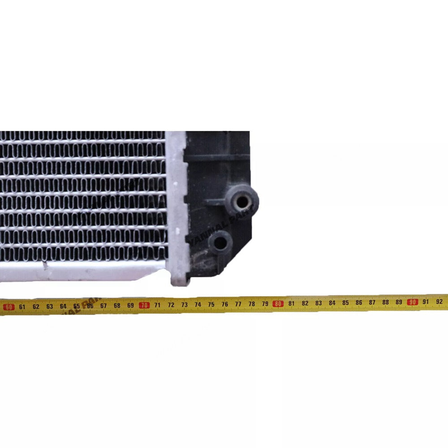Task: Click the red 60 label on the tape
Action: pyautogui.click(x=9, y=307)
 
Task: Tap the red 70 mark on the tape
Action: pyautogui.click(x=144, y=305)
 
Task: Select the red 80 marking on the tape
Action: pyautogui.click(x=278, y=303)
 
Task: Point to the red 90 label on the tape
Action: pyautogui.click(x=413, y=302)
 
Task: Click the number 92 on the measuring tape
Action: pyautogui.click(x=439, y=302)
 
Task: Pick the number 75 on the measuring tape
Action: pyautogui.click(x=211, y=304)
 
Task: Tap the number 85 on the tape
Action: pyautogui.click(x=345, y=302)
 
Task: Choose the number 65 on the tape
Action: pyautogui.click(x=77, y=306)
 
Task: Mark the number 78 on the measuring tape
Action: pyautogui.click(x=251, y=304)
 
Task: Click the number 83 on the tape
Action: pyautogui.click(x=319, y=303)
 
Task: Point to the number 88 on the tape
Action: pyautogui.click(x=386, y=302)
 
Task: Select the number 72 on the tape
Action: pyautogui.click(x=171, y=305)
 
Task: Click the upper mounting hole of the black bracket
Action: pyautogui.click(x=242, y=202)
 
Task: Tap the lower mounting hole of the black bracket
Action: pyautogui.click(x=221, y=242)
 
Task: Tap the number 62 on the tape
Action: pyautogui.click(x=36, y=306)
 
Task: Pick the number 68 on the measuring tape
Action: pyautogui.click(x=117, y=306)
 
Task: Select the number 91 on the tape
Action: pyautogui.click(x=426, y=302)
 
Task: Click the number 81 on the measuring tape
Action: pyautogui.click(x=292, y=303)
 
